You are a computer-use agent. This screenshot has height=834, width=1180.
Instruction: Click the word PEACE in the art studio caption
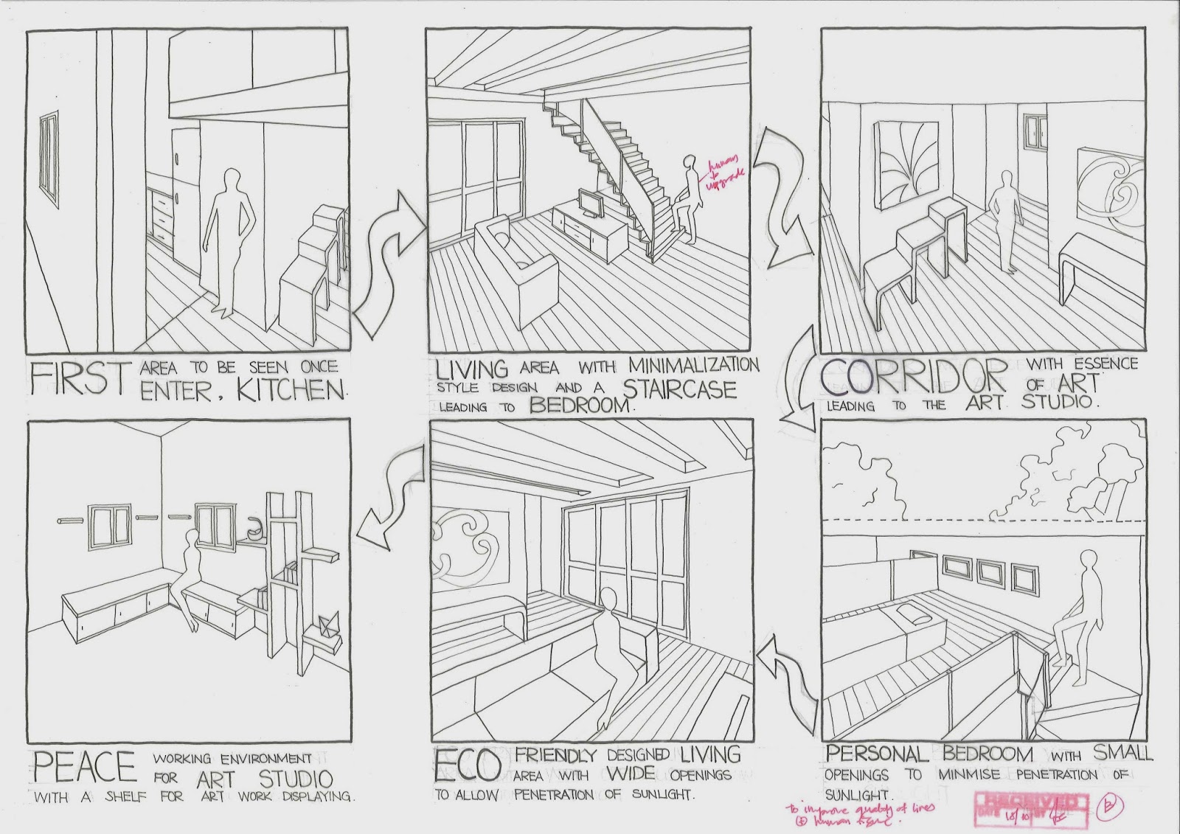84,765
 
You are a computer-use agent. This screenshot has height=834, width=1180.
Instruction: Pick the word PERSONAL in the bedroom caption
876,754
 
